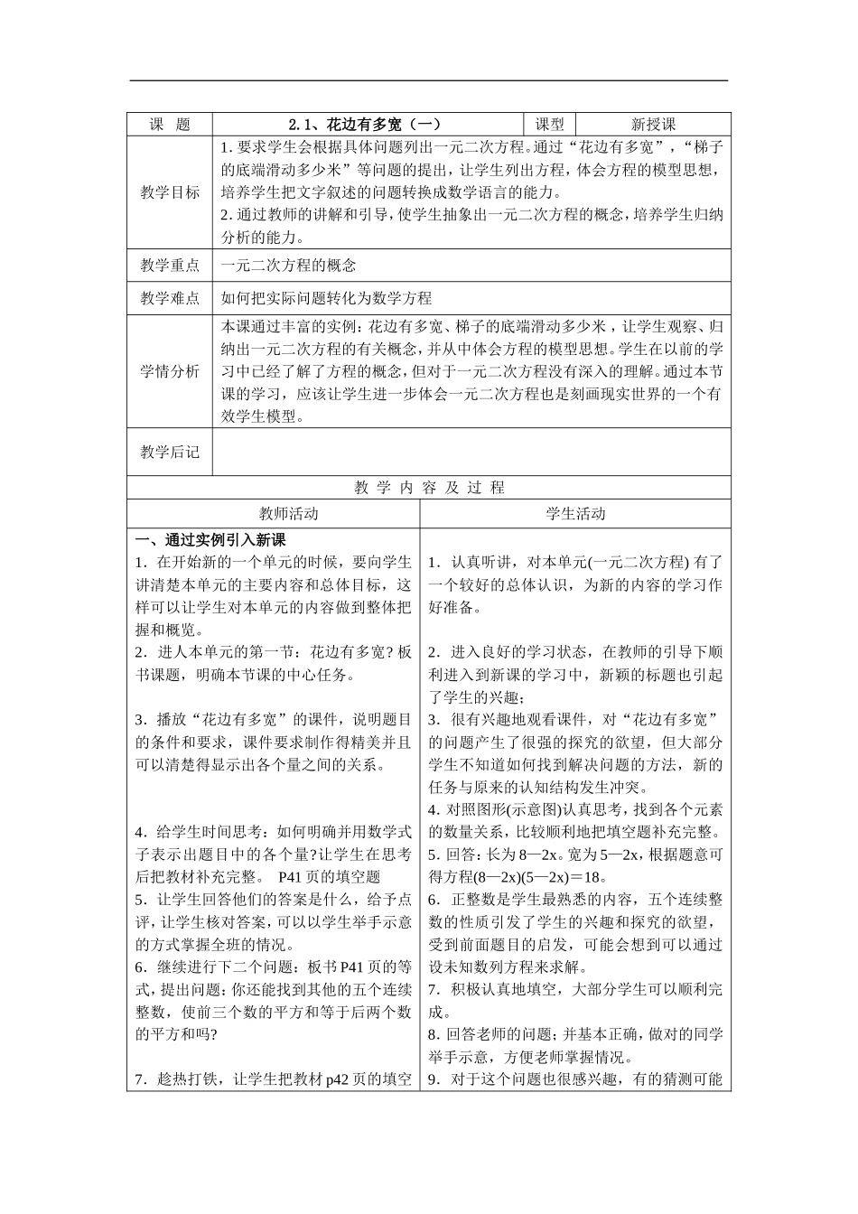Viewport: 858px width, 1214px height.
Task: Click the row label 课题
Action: (x=169, y=125)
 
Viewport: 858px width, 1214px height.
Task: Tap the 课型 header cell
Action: (x=549, y=125)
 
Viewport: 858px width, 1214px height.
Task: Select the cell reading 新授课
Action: (x=653, y=125)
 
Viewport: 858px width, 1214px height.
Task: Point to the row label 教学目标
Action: (x=169, y=192)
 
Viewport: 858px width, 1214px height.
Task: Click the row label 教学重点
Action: (x=169, y=265)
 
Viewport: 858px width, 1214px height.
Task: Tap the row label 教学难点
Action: (x=169, y=298)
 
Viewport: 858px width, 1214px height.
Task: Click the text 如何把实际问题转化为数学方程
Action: (x=327, y=298)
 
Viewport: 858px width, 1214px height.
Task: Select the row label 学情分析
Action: (x=169, y=371)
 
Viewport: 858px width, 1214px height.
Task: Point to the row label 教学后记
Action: (x=169, y=452)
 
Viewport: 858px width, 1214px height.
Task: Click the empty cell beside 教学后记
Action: (x=471, y=452)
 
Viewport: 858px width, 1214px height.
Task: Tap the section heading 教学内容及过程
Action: (x=429, y=488)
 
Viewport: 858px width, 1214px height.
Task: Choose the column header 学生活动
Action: (x=575, y=514)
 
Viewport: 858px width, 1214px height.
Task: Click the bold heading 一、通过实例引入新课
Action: (x=210, y=540)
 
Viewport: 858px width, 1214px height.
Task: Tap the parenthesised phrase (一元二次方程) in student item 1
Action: (x=637, y=562)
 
